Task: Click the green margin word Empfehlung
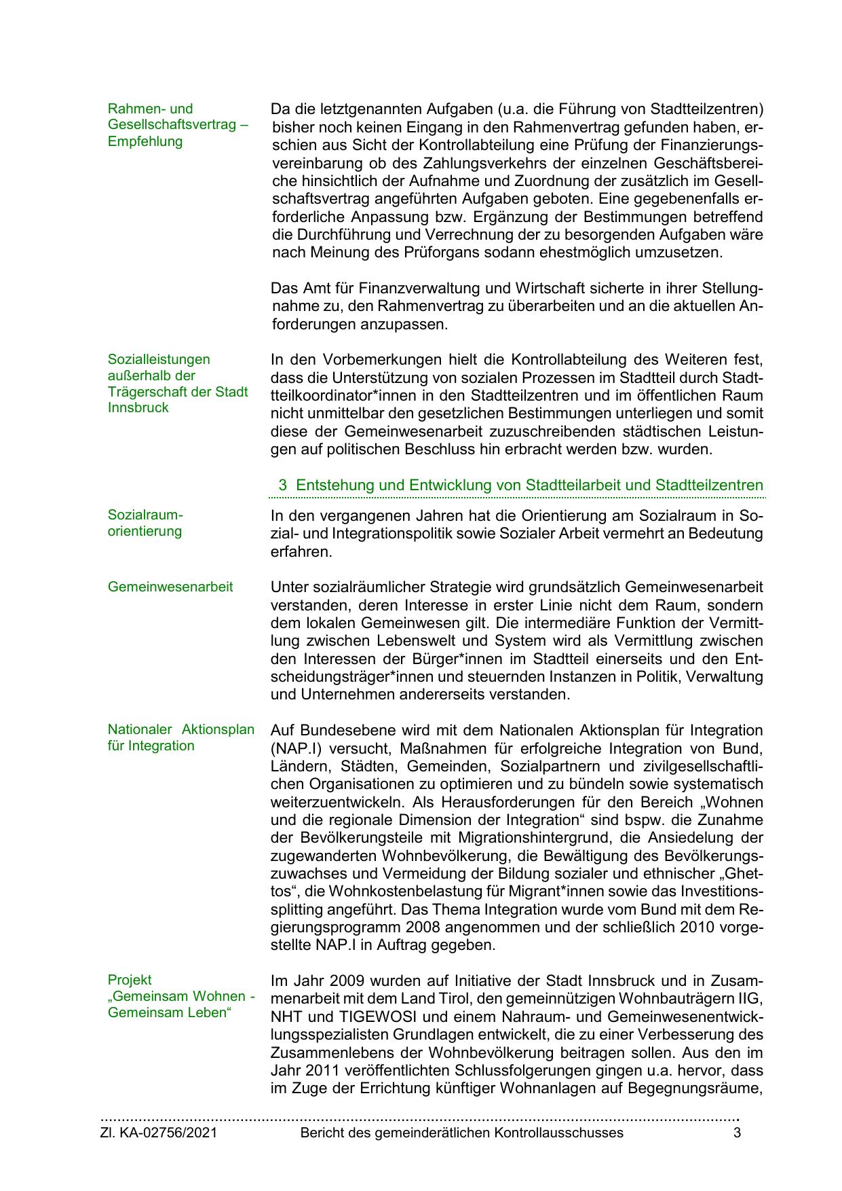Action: [x=145, y=141]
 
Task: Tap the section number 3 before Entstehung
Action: [x=282, y=485]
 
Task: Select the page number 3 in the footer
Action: [x=737, y=1133]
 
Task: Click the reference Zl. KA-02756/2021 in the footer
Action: [x=159, y=1133]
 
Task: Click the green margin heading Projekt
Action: [x=130, y=980]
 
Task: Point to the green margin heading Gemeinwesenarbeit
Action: [x=170, y=587]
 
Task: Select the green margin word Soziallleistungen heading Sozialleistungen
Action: [x=159, y=359]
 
